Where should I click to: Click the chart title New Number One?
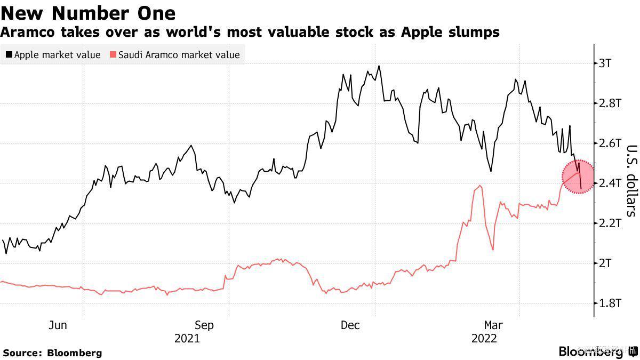[89, 12]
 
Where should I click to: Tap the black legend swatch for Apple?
[9, 55]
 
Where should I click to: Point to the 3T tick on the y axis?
[605, 63]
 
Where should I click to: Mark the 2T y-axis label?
[605, 263]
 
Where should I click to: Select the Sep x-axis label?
[204, 325]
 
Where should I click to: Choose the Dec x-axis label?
[350, 325]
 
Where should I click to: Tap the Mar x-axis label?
[494, 325]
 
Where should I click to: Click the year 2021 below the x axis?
[187, 339]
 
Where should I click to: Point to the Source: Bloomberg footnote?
[52, 353]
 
